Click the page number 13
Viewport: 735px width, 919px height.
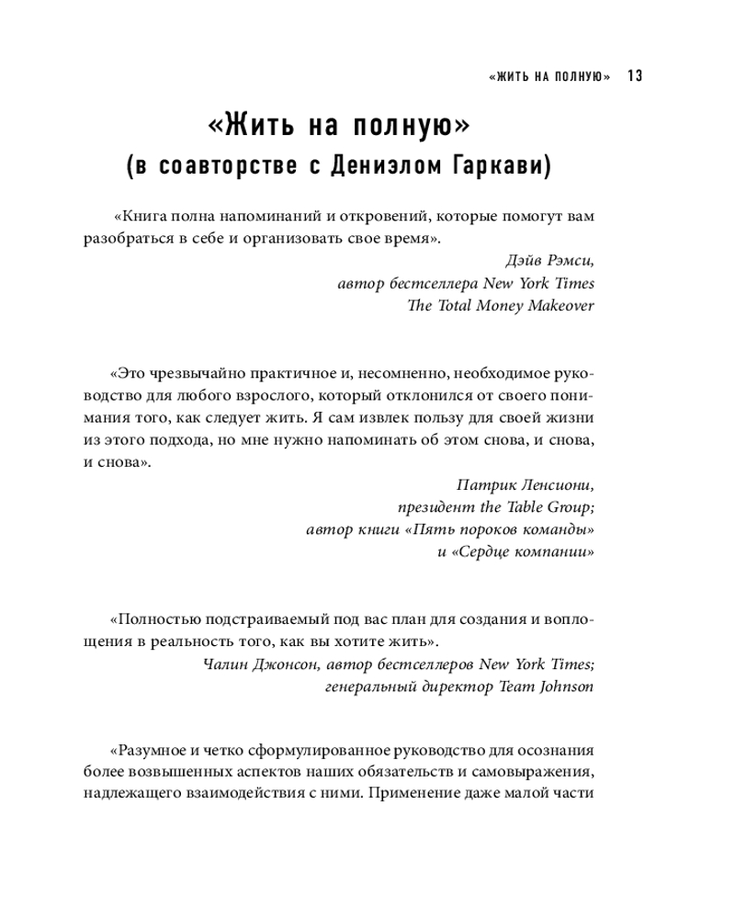pos(633,76)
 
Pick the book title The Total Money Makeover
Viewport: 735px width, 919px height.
pos(501,306)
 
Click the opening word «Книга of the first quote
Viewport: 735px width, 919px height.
pos(141,218)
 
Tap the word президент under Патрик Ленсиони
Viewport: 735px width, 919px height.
pos(432,507)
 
